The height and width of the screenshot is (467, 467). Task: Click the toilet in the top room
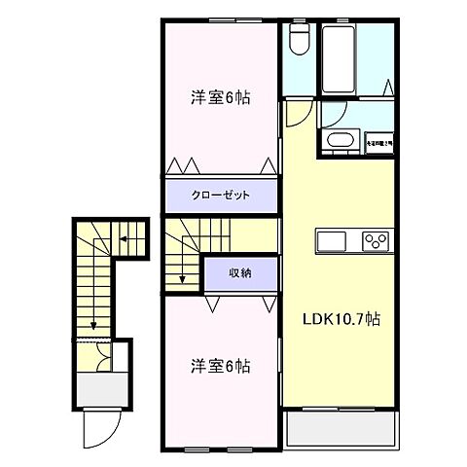tap(299, 40)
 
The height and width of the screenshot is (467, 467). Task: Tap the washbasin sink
tap(338, 141)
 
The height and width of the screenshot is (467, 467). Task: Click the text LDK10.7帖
tap(339, 317)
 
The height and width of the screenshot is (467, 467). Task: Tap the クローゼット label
tap(220, 195)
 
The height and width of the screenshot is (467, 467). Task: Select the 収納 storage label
tap(239, 272)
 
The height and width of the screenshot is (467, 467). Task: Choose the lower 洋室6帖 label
tap(219, 367)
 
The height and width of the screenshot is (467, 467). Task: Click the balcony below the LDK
tap(340, 428)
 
